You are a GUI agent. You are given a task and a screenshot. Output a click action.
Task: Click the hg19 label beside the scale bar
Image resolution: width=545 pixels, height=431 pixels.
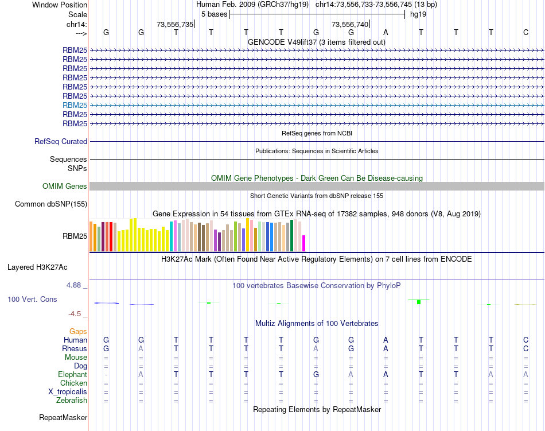point(418,14)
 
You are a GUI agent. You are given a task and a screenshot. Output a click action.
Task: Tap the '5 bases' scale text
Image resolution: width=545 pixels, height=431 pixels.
point(215,14)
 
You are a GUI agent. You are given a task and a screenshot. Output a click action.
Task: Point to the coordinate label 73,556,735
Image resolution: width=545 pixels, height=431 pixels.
point(174,24)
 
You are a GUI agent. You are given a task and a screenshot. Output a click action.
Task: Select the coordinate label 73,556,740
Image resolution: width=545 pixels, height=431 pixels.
point(349,24)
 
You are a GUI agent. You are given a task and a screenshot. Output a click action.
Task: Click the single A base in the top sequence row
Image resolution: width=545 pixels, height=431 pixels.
point(386,32)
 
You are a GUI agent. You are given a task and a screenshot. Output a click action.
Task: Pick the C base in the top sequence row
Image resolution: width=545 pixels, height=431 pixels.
point(525,32)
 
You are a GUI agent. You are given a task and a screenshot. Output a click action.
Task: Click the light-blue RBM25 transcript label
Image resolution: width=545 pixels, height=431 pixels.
point(75,105)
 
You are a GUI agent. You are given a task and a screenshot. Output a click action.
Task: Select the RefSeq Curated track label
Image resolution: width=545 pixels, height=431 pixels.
point(61,142)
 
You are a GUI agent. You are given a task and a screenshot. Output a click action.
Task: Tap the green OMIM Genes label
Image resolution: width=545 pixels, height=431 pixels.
point(65,187)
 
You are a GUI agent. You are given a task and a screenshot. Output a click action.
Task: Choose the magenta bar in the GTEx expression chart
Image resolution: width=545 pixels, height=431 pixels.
point(304,243)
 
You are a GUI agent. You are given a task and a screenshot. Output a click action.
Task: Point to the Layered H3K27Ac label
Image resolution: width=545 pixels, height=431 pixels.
point(37,267)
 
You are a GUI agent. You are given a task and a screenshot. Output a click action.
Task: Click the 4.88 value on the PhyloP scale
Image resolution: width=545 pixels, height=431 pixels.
point(75,285)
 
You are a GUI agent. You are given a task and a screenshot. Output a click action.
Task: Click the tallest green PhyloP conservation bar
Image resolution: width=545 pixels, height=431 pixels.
point(419,301)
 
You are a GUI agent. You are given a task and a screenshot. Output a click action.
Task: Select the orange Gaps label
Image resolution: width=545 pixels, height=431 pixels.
point(78,332)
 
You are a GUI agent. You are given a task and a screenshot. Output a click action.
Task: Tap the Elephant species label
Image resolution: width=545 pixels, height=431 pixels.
point(73,375)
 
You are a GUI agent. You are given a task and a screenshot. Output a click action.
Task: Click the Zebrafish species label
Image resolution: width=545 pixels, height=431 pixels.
point(73,401)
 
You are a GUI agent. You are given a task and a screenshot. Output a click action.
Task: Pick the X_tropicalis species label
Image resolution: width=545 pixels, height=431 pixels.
point(68,392)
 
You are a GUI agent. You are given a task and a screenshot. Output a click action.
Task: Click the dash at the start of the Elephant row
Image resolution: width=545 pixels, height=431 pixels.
point(106,375)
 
